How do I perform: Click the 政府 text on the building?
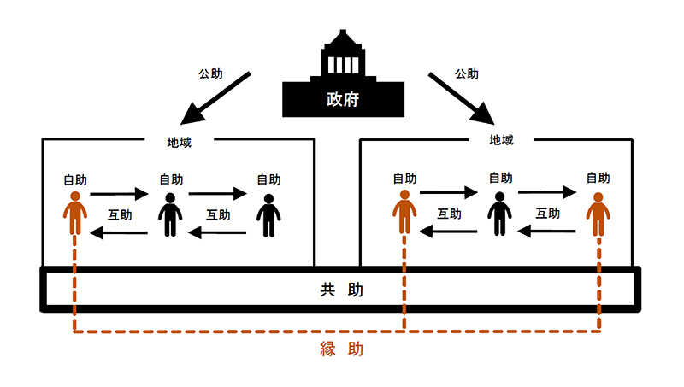coord(342,99)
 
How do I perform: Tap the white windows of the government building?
coord(342,65)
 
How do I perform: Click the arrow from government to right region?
coord(463,98)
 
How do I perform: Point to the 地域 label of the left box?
coord(179,142)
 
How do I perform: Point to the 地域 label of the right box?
coord(502,138)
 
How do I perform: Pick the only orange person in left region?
coord(76,214)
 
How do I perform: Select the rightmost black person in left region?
coord(268,215)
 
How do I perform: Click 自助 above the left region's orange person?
coord(75,180)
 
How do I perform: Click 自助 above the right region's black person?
coord(500,179)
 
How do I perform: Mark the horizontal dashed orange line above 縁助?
coord(239,332)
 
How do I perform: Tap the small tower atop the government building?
coord(342,40)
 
